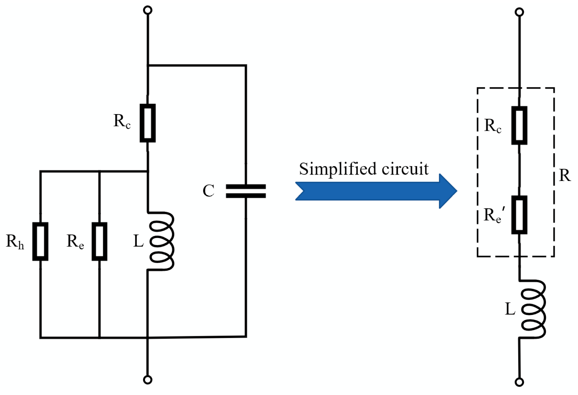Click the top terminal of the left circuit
coord(147,10)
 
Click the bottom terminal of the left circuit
coord(147,380)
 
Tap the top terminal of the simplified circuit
coord(519,12)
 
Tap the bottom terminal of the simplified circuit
coord(520,382)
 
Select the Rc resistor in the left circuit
coord(148,123)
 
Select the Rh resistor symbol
coord(40,241)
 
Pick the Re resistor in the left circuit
coord(99,241)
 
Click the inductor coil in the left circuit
coord(161,241)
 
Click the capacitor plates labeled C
coord(246,191)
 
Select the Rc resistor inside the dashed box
coord(519,125)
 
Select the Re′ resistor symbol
coord(519,215)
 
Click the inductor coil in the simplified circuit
coord(533,309)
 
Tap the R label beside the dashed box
coord(565,175)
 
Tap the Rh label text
coord(15,241)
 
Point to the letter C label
coord(208,191)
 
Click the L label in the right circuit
coord(510,309)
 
